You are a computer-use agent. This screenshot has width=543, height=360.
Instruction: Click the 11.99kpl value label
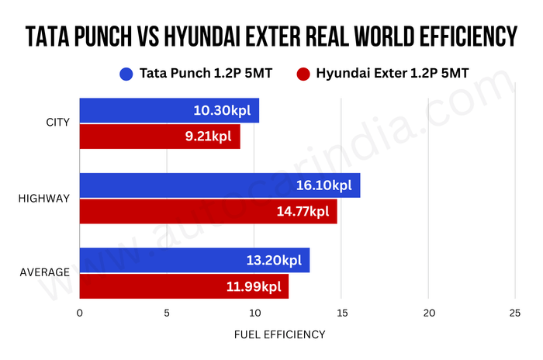coord(254,286)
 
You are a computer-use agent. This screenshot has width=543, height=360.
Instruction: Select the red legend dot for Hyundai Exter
coord(303,74)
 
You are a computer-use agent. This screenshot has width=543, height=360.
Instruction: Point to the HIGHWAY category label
coord(44,199)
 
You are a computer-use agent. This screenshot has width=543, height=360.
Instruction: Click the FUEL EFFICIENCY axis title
coord(279,334)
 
